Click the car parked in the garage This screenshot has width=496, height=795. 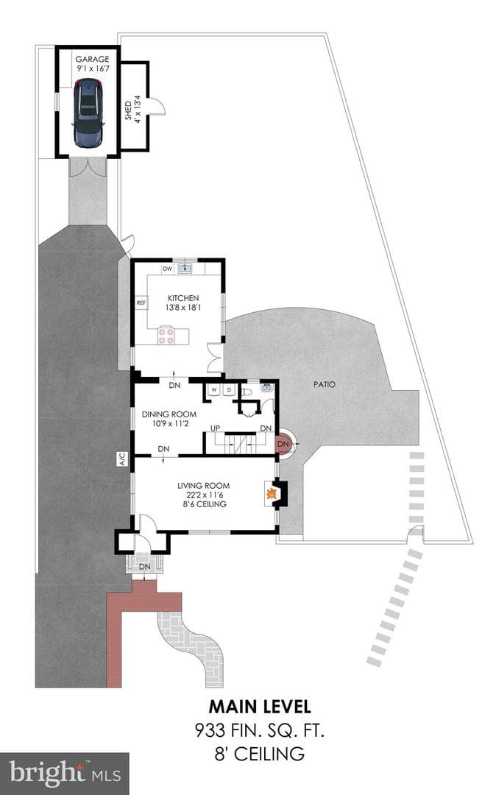(x=88, y=113)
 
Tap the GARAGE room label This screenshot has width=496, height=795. (x=92, y=59)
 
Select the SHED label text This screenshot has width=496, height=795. (x=128, y=110)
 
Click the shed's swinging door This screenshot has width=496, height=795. (x=157, y=106)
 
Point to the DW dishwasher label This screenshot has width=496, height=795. (x=167, y=269)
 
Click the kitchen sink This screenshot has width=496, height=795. (x=185, y=268)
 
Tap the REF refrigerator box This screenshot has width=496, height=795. (x=141, y=303)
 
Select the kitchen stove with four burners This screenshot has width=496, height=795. (x=166, y=335)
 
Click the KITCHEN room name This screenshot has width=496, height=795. (x=183, y=298)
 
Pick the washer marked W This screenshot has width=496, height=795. (x=214, y=389)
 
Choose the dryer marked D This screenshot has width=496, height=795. (x=228, y=389)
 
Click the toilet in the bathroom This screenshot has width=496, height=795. (x=247, y=392)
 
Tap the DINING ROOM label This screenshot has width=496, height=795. (x=169, y=414)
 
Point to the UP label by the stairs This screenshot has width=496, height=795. (x=216, y=428)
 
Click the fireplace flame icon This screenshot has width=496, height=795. (x=272, y=492)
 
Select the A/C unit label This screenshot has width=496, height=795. (x=122, y=459)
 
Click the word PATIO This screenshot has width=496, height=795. (x=325, y=384)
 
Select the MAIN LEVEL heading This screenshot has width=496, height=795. (x=260, y=706)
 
